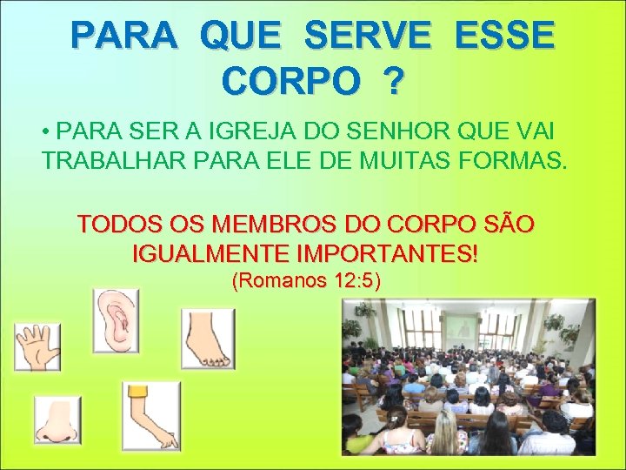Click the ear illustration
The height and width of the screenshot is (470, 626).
point(115,322)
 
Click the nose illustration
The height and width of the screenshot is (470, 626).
point(57,420)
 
